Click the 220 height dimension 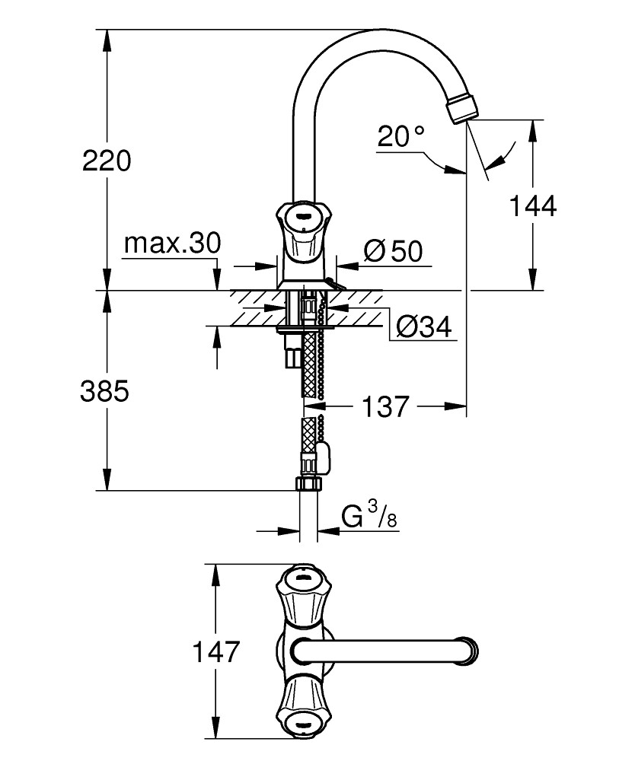[107, 161]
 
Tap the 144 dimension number [532, 205]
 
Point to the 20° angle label [400, 137]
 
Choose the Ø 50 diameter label [392, 251]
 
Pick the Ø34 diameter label [423, 328]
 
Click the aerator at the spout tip [462, 107]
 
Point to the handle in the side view [302, 224]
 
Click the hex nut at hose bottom [308, 483]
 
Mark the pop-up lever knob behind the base [332, 285]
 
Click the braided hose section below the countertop [309, 365]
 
